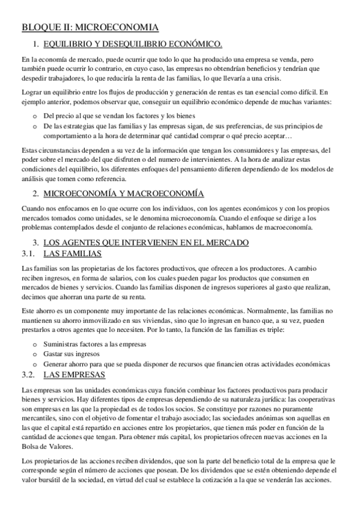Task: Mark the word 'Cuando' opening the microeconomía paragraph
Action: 33,208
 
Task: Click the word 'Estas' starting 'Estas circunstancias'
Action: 29,150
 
